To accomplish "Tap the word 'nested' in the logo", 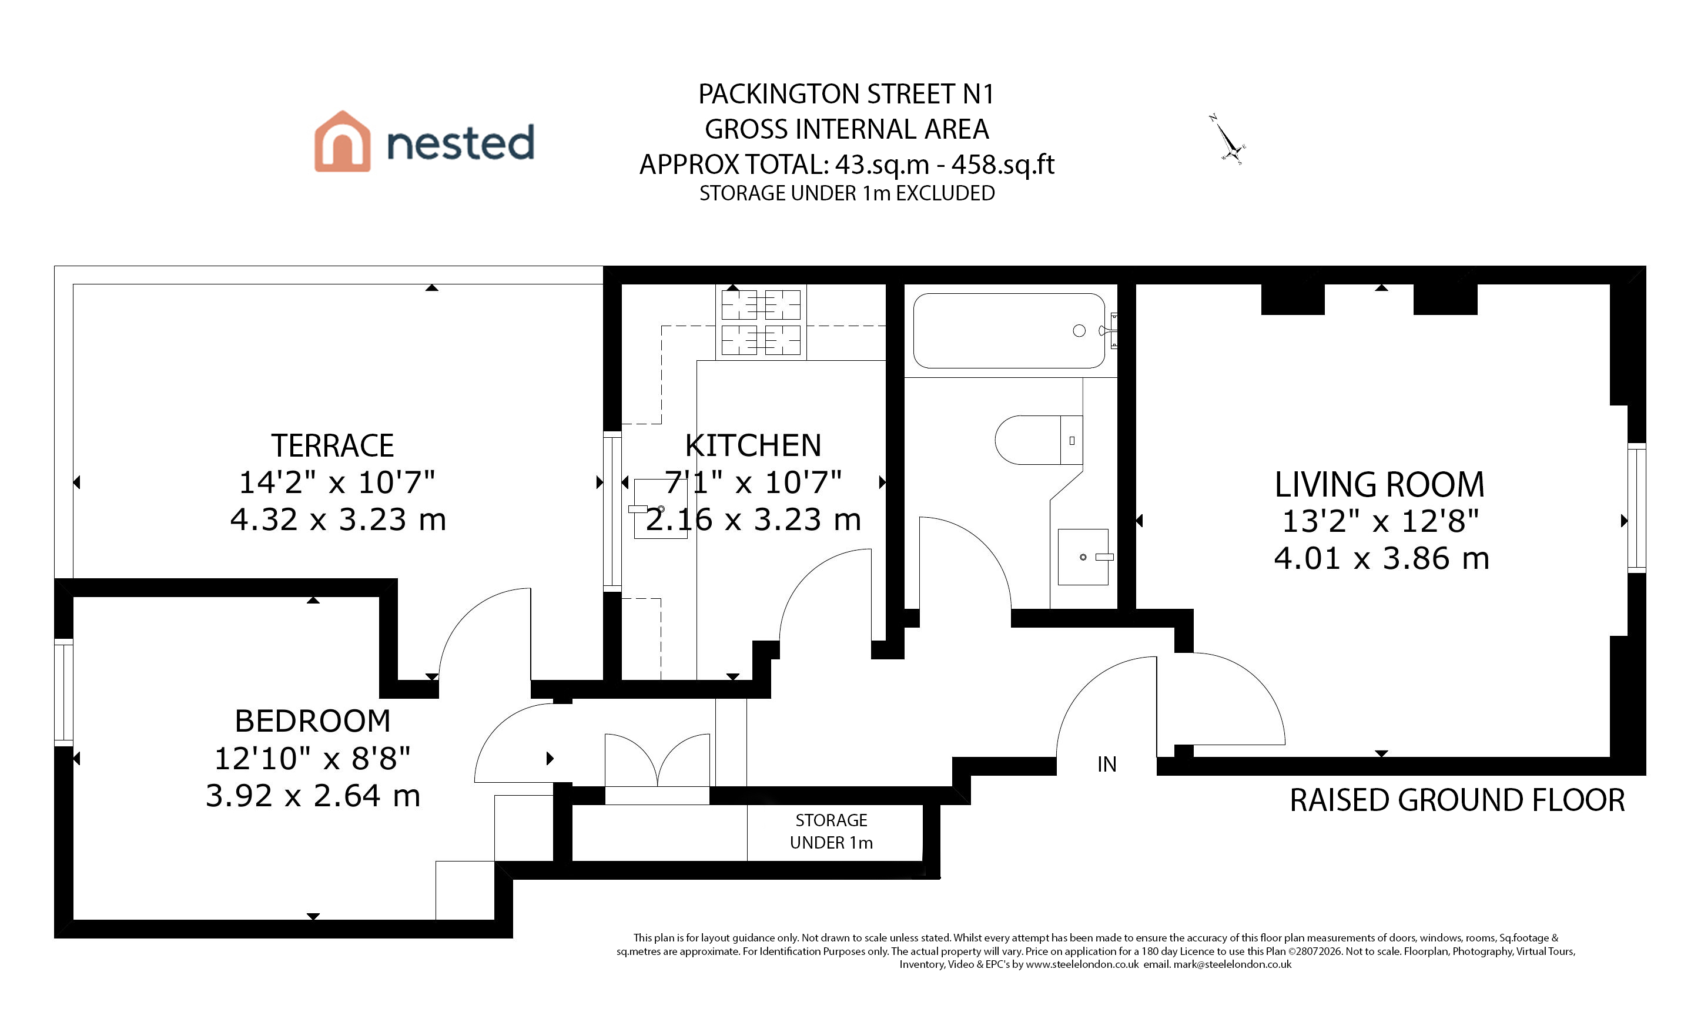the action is [x=460, y=142].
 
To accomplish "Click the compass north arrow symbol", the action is [x=1228, y=140].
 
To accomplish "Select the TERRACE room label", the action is [x=332, y=445].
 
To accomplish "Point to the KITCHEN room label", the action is [x=753, y=445].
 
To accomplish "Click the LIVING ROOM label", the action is [x=1379, y=484].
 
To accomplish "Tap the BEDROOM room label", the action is [x=313, y=721].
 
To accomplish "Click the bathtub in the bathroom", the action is [x=1009, y=331].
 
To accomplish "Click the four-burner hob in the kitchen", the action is [x=761, y=322].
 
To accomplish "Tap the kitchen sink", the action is [x=661, y=509].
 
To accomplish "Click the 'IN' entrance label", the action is [x=1107, y=765].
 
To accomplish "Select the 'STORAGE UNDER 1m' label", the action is [x=831, y=832].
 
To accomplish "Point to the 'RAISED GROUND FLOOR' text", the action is [x=1457, y=800].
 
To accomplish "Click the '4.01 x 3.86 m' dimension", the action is [x=1381, y=558].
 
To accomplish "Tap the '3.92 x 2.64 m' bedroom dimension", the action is [x=313, y=796].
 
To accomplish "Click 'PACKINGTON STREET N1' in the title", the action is [x=846, y=94].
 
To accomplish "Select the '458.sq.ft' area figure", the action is [x=1003, y=165].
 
